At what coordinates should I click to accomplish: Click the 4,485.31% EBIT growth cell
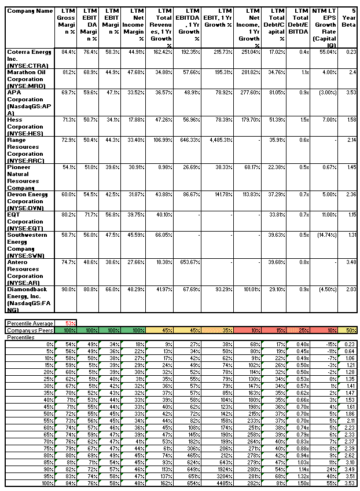click(x=219, y=140)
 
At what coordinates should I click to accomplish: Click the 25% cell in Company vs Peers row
click(x=300, y=329)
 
